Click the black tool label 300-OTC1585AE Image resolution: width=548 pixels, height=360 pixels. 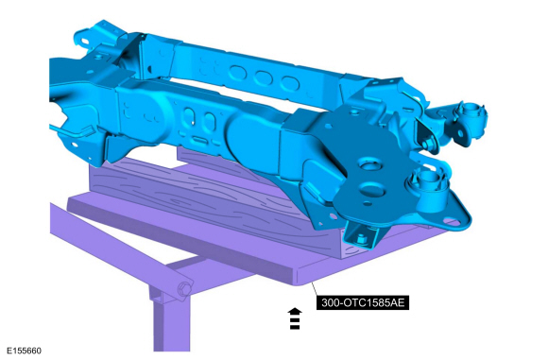tap(363, 302)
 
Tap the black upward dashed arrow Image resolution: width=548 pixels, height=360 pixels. tap(295, 318)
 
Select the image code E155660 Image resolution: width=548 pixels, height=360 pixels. tap(24, 351)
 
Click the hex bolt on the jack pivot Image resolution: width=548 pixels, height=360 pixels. tap(184, 289)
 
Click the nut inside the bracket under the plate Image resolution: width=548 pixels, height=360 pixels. tap(361, 239)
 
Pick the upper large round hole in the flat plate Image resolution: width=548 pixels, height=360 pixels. tap(370, 165)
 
